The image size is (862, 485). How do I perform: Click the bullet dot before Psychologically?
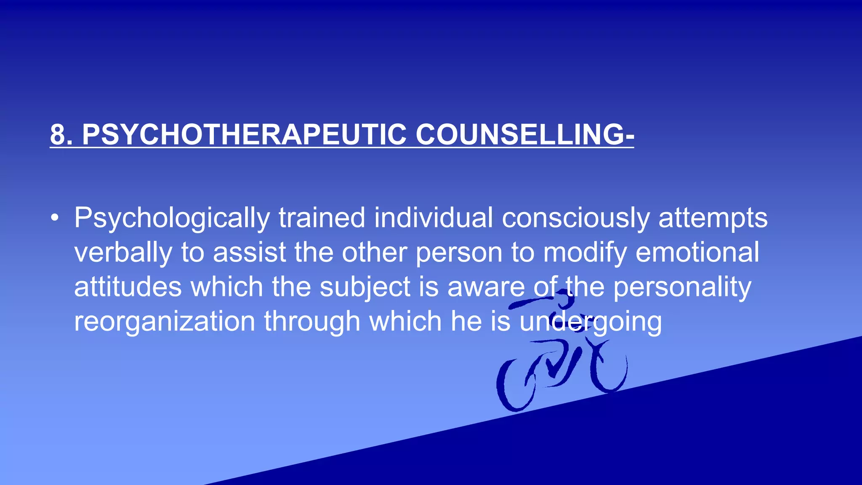point(54,219)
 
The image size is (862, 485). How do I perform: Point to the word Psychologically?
point(172,219)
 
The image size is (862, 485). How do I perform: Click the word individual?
point(433,218)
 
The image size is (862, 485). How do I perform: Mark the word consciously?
point(575,219)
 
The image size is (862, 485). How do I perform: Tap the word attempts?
point(713,219)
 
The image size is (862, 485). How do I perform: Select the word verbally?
point(123,253)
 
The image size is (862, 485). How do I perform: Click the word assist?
point(250,252)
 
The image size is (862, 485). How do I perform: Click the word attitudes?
point(128,287)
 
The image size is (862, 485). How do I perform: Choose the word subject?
point(365,288)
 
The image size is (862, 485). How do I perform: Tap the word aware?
point(486,288)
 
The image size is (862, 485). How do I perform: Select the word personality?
point(682,288)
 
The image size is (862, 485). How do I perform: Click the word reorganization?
point(165,322)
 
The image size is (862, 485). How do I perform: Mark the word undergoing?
point(591,322)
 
